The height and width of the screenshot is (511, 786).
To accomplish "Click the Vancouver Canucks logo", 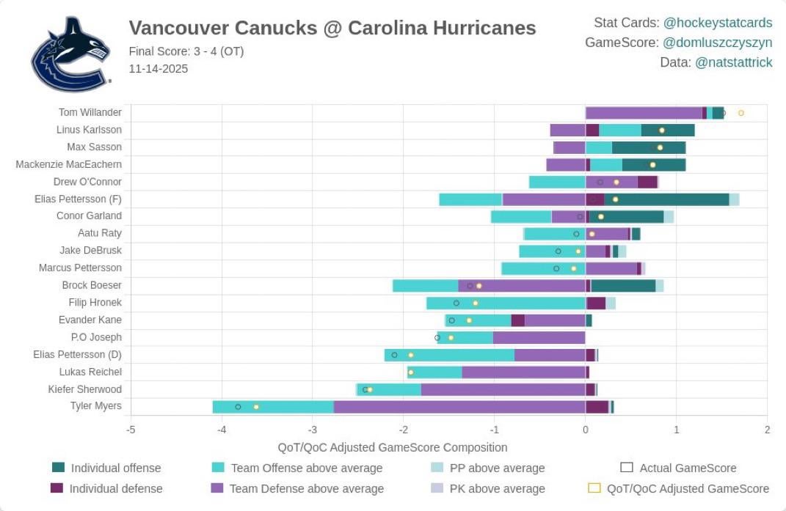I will tap(70, 54).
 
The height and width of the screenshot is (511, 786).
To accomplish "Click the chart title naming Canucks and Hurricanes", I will tap(332, 28).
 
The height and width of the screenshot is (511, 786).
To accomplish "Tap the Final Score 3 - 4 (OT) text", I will tap(186, 51).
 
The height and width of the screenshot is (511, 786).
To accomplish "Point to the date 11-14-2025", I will tap(158, 69).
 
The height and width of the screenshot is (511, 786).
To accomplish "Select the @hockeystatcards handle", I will tap(717, 23).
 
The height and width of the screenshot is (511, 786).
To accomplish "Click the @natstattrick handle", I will tap(733, 62).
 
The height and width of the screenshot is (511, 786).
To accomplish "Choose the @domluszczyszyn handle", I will tap(718, 43).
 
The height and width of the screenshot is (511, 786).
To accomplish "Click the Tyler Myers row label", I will tap(95, 406).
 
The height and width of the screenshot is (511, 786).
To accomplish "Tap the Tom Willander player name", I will tap(90, 112).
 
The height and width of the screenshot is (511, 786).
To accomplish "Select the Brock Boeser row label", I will tap(92, 285).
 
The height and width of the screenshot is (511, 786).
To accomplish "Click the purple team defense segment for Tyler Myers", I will tap(459, 407).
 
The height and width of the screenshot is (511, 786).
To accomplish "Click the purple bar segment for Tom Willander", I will tap(643, 113).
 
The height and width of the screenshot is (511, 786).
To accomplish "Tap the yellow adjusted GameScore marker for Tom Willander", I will tap(740, 113).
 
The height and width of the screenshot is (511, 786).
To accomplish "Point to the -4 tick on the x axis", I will tap(222, 430).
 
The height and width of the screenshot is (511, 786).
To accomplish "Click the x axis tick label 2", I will tap(766, 430).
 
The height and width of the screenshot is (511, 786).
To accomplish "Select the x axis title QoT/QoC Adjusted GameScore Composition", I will tap(392, 447).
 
